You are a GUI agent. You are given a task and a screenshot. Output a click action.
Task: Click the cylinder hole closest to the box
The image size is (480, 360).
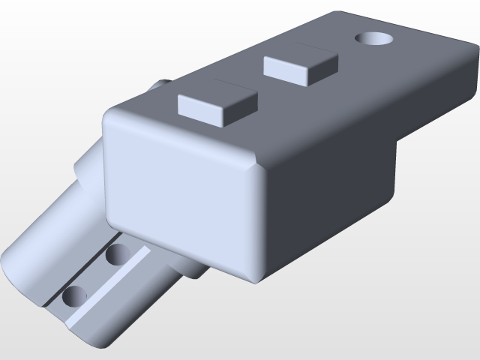[117, 255]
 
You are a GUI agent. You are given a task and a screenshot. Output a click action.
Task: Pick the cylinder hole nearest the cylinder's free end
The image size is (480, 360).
[74, 295]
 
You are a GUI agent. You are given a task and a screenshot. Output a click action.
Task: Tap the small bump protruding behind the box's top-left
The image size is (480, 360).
[161, 85]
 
